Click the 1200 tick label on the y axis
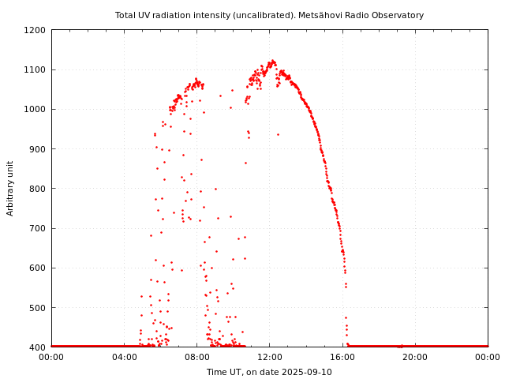tap(36, 30)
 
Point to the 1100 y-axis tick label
tap(36, 69)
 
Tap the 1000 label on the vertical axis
tap(36, 109)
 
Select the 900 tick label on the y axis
tap(38, 148)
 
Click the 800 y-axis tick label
tap(38, 189)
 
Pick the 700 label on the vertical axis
tap(38, 228)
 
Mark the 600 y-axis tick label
tap(38, 268)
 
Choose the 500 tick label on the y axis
tap(38, 307)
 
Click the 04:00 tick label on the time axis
tap(124, 357)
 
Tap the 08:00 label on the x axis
tap(196, 357)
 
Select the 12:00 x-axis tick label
tap(270, 357)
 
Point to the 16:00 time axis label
tap(342, 357)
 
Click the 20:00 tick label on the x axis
tap(415, 357)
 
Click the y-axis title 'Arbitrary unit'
tap(10, 188)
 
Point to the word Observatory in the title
tap(398, 15)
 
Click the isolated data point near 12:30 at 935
tap(278, 134)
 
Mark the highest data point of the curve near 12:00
tap(272, 60)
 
